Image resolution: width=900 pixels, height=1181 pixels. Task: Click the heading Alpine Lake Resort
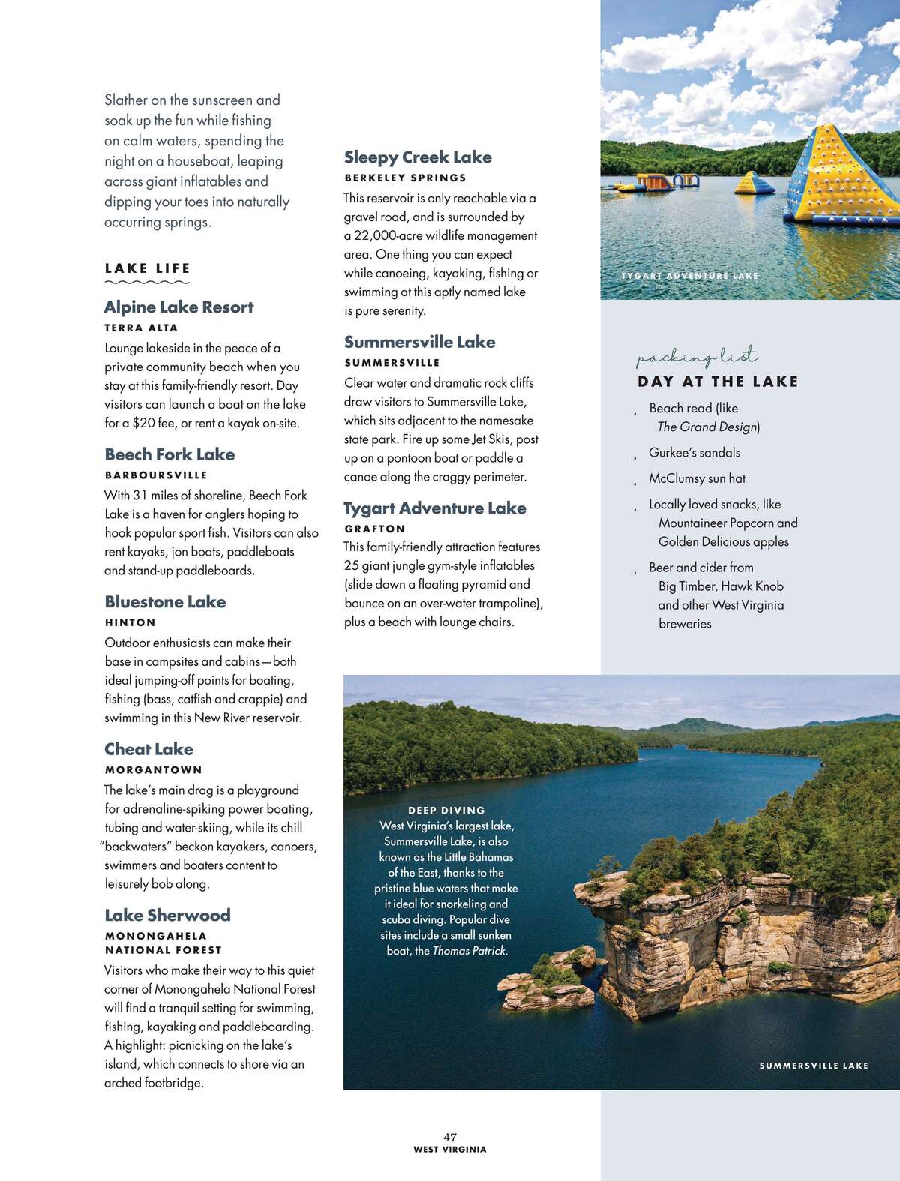(x=178, y=307)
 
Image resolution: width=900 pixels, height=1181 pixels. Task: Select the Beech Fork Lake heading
(x=169, y=454)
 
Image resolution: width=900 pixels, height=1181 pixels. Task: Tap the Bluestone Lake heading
(x=165, y=602)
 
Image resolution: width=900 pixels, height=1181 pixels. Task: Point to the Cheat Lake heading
(x=148, y=749)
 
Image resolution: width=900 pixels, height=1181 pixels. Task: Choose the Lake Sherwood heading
(x=167, y=916)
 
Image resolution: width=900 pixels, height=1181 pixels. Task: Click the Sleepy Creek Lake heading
(x=418, y=157)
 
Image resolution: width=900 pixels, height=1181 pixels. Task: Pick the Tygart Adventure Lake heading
(x=435, y=508)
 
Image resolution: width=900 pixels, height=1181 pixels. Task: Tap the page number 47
(x=450, y=1137)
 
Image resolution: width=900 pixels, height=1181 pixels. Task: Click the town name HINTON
(x=130, y=622)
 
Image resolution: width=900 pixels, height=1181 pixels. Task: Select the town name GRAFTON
(x=374, y=529)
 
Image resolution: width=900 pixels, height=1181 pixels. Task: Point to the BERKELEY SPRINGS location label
(x=405, y=178)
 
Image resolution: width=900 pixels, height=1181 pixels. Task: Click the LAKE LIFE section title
(x=148, y=268)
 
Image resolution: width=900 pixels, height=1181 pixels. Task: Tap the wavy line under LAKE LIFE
(x=147, y=283)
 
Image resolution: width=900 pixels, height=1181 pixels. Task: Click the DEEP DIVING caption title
(x=446, y=811)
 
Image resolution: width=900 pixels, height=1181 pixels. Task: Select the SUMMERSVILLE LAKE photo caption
(x=814, y=1066)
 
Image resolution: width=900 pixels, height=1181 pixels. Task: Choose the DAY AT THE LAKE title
(x=718, y=382)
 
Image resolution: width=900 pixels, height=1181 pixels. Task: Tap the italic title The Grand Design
(x=706, y=427)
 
